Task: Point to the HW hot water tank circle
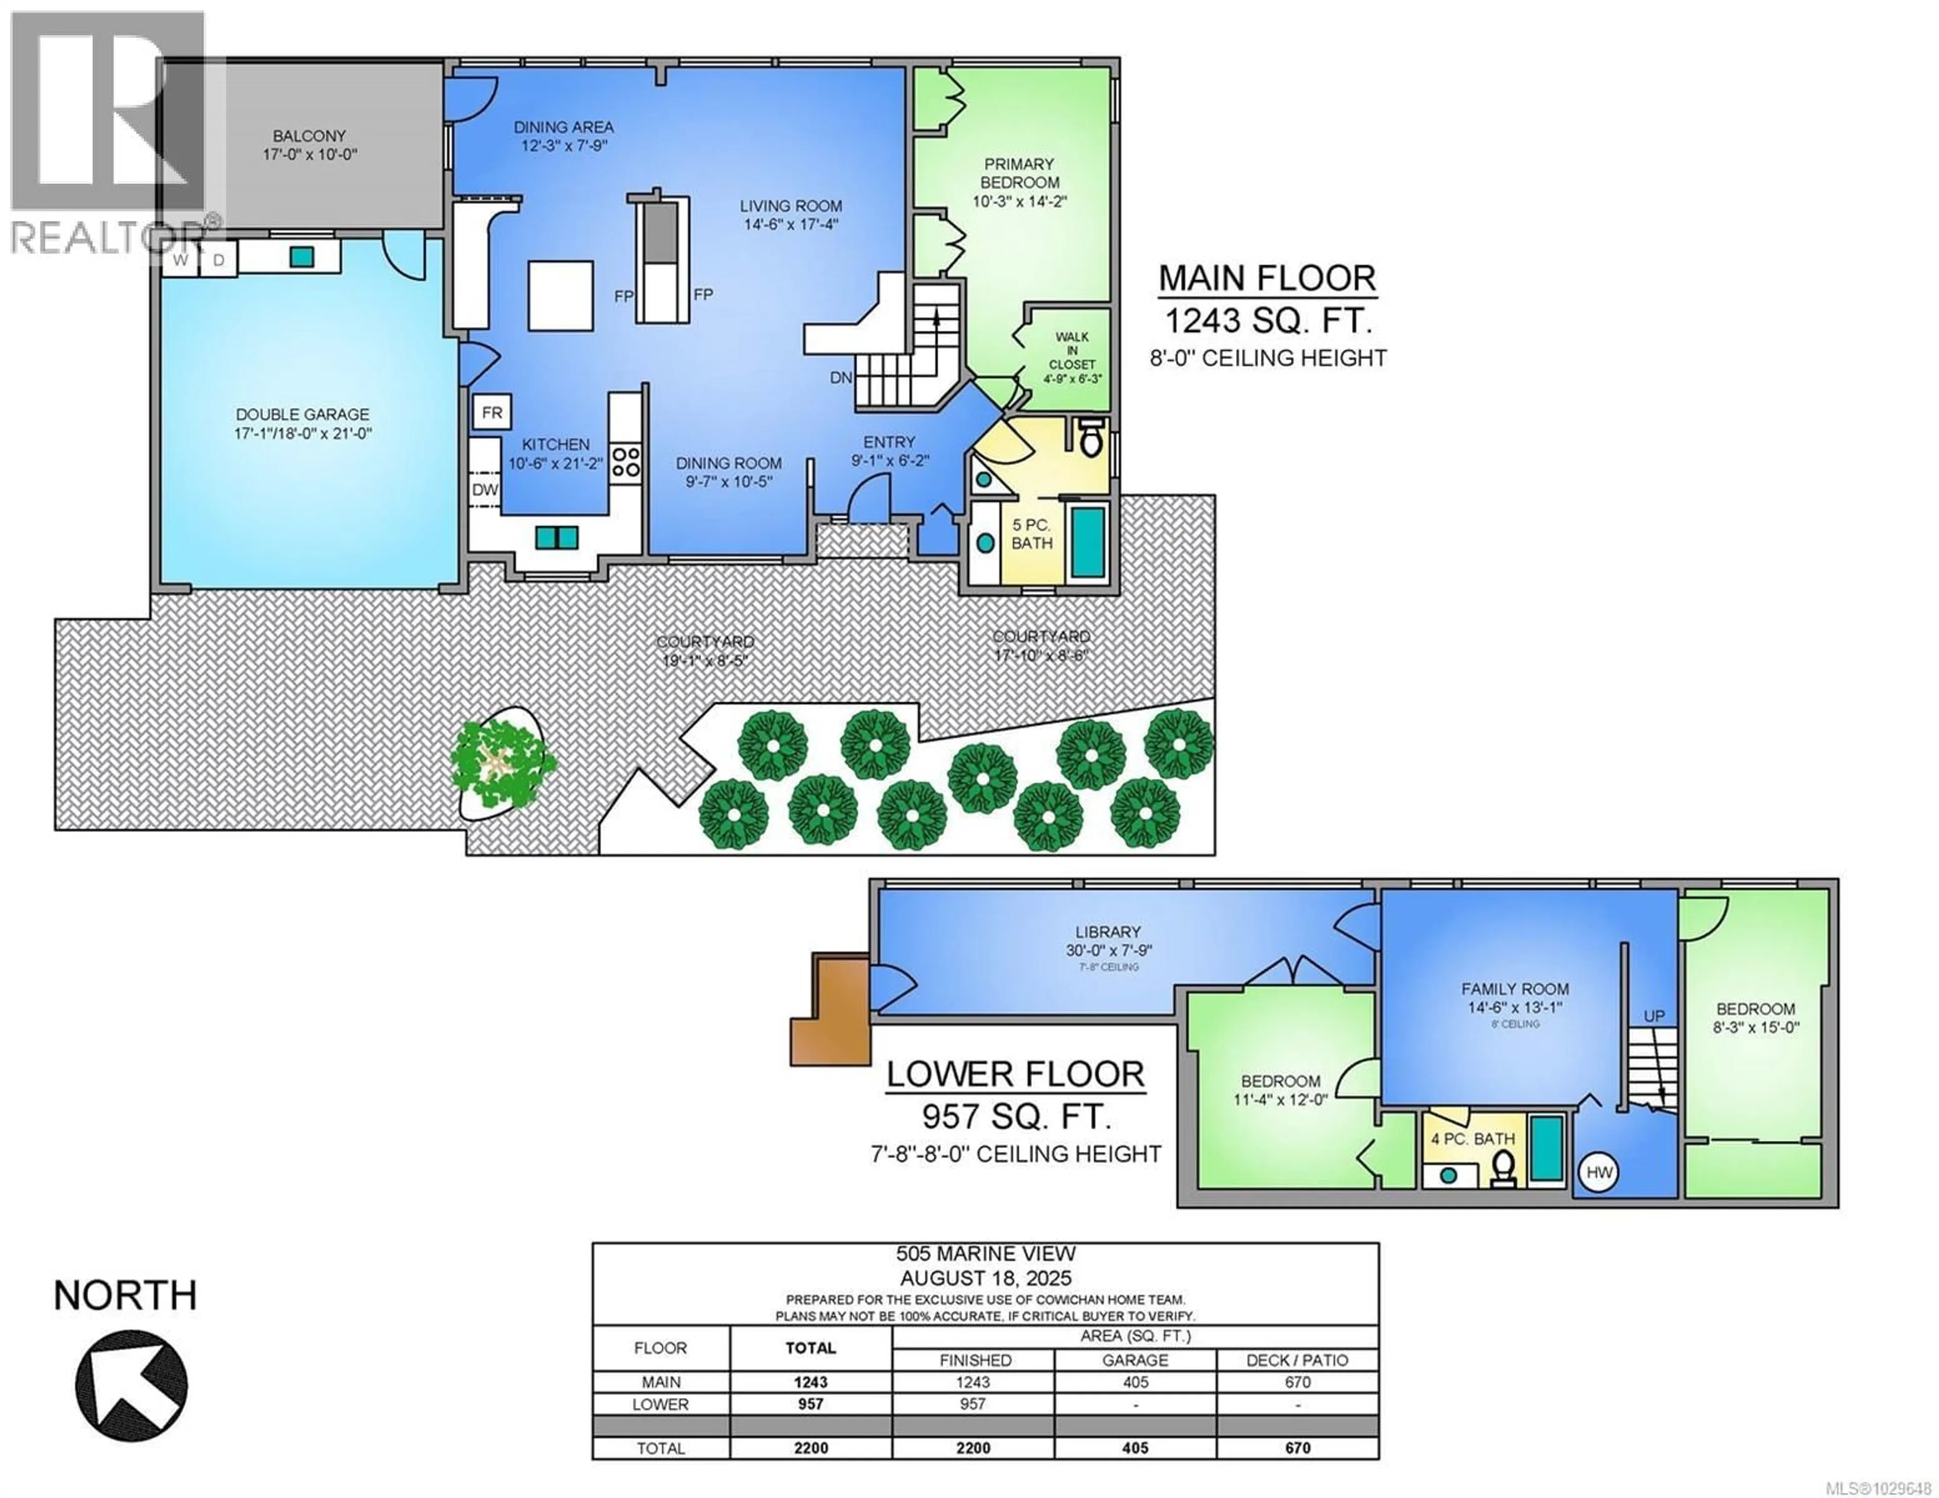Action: pos(1599,1173)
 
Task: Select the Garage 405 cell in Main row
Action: pos(1135,1382)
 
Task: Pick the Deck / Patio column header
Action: pos(1297,1360)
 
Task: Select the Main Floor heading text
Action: pos(1267,278)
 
